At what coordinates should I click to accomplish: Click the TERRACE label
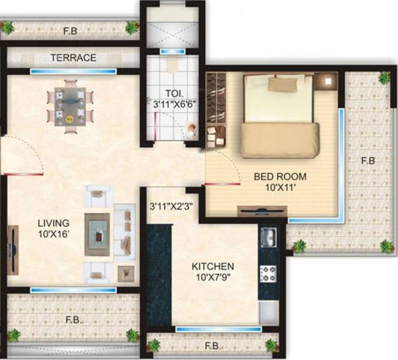point(73,58)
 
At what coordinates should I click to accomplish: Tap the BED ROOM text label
point(280,177)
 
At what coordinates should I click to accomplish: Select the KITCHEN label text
point(214,267)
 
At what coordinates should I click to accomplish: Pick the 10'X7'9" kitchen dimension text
point(214,278)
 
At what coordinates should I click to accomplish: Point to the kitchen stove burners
point(268,272)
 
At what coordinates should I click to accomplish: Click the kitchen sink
point(268,237)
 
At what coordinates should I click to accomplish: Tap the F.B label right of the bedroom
point(369,160)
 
